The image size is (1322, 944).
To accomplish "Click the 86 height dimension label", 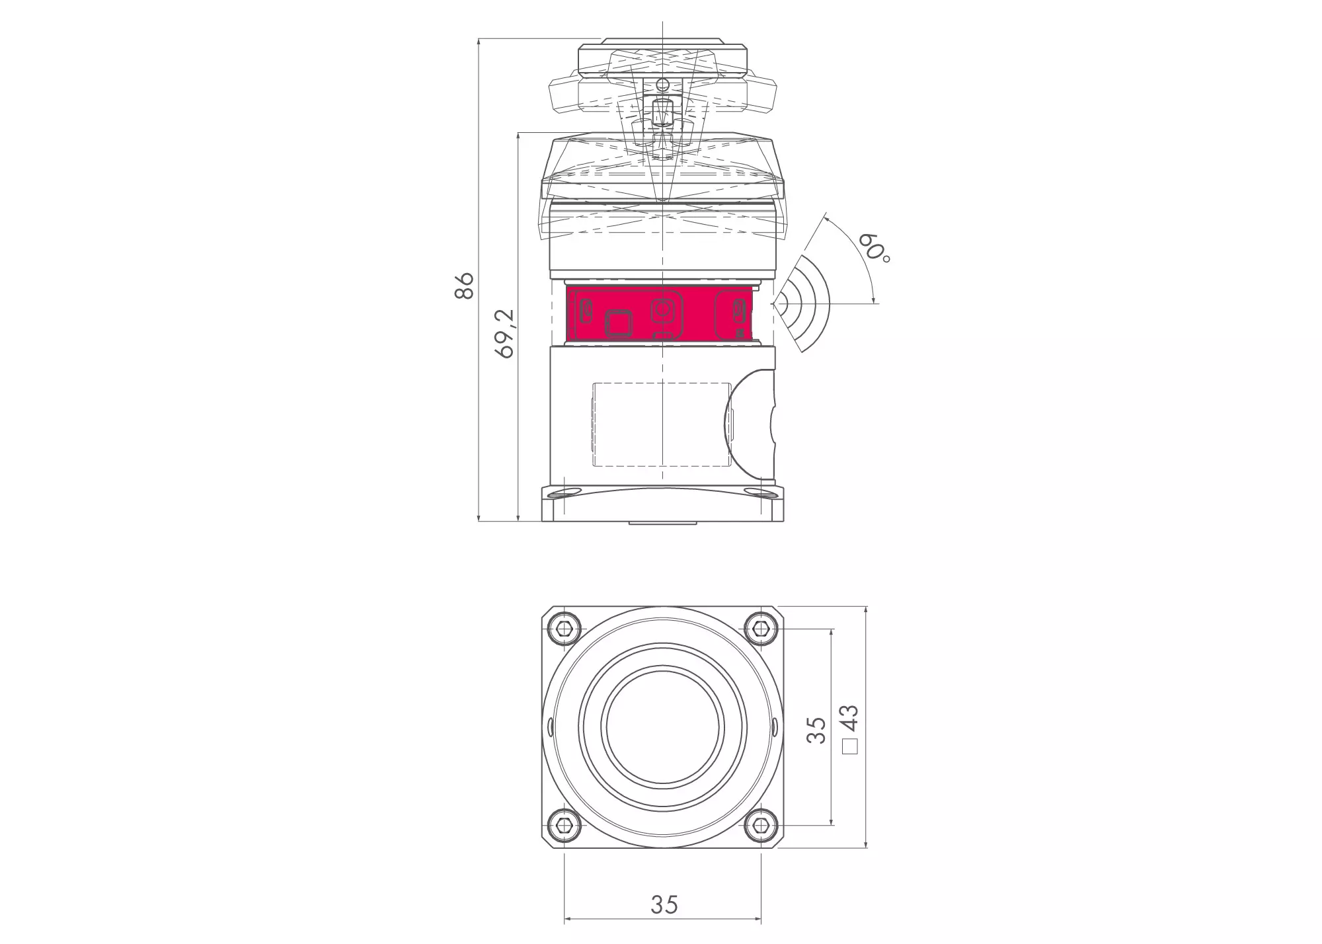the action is [465, 285].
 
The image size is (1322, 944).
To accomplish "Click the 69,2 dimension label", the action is [505, 334].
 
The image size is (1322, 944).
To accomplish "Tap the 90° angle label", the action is [875, 249].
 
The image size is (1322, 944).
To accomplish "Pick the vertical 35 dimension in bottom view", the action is [817, 730].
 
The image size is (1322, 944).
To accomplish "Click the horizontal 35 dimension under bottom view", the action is [664, 904].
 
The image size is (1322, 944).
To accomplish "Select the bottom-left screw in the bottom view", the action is [563, 824].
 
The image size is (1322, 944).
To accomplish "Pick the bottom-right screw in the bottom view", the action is [761, 824].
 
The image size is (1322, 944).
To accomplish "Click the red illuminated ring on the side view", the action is [661, 313].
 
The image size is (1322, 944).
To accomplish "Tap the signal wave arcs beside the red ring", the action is [803, 304].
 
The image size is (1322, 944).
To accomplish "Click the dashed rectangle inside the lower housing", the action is [661, 423].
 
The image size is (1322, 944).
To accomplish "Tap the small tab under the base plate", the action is [662, 523].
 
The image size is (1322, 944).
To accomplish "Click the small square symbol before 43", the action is [850, 747].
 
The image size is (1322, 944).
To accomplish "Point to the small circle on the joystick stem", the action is [662, 83].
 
